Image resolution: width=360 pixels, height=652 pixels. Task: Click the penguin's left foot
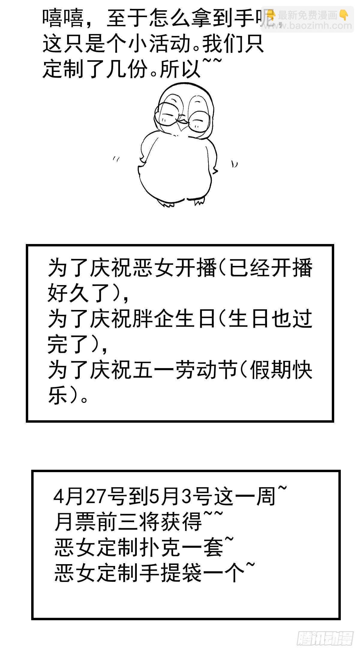tap(167, 204)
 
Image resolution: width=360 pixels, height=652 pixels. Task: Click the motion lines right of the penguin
tap(234, 164)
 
